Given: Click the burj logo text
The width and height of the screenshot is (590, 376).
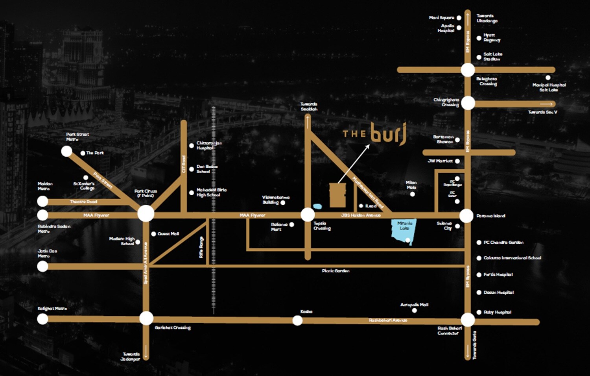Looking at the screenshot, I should click(x=388, y=134).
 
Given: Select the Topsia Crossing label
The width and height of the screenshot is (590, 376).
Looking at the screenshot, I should click(x=322, y=226).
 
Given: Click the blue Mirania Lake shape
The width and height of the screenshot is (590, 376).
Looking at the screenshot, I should click(x=404, y=232).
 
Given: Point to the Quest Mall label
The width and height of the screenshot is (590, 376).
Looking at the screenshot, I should click(x=168, y=234).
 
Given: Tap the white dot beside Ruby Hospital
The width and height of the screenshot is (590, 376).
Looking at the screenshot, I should click(x=479, y=312).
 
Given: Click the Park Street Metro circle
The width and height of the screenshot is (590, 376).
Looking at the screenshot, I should click(x=66, y=151).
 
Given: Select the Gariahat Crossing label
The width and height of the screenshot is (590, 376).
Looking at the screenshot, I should click(x=172, y=328).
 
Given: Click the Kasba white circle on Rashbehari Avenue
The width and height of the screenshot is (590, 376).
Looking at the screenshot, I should click(x=297, y=320).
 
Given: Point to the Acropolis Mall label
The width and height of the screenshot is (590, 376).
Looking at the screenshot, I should click(x=414, y=305).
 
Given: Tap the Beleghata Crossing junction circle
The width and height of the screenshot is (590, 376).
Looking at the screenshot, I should click(x=468, y=70).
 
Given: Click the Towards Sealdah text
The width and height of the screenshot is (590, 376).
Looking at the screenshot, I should click(x=309, y=106).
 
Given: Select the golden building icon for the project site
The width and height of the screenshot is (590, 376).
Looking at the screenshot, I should click(x=337, y=194).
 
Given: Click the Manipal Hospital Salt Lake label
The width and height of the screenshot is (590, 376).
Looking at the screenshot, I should click(x=549, y=87).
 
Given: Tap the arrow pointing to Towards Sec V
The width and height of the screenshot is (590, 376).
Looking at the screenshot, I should click(x=546, y=104).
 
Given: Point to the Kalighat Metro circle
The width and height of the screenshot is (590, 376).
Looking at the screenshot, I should click(x=42, y=319).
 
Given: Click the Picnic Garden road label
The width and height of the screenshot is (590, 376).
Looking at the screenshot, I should click(x=335, y=271).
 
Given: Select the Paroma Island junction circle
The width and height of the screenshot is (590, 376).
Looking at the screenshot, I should click(x=466, y=216).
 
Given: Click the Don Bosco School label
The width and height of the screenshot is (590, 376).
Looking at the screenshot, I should click(x=207, y=169).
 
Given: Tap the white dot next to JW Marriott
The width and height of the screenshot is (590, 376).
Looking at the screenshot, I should click(x=457, y=161).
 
